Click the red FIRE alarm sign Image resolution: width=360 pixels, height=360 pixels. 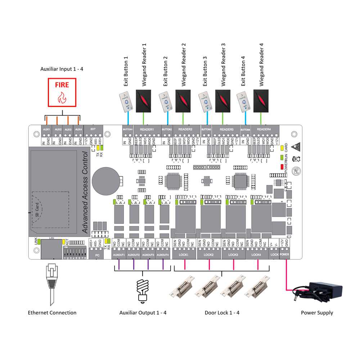(62, 93)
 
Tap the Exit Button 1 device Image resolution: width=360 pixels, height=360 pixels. (127, 102)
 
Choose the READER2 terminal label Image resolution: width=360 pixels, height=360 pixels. (185, 129)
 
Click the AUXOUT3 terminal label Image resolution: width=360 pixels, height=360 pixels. (148, 255)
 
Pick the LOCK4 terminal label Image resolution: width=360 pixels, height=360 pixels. (256, 255)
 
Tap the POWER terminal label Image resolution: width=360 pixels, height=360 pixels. (284, 255)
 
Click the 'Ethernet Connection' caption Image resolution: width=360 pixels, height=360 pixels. (52, 312)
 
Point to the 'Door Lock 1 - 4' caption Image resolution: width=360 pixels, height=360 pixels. (222, 312)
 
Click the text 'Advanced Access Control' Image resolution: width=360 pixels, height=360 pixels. (85, 193)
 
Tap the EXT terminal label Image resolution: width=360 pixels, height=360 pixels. (93, 129)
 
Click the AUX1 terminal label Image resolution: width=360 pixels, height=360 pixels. (46, 129)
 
